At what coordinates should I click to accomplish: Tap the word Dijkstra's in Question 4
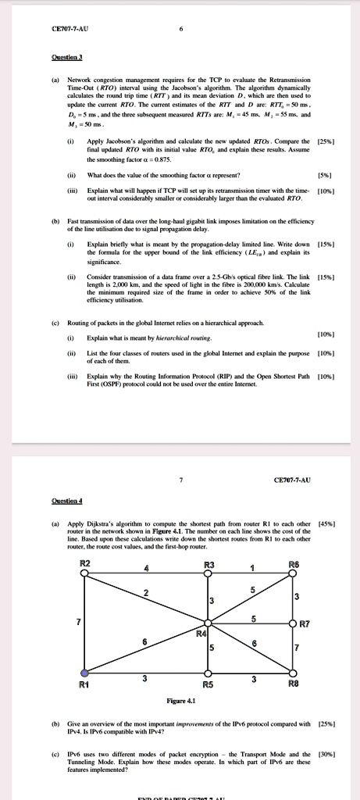[x=98, y=523]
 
